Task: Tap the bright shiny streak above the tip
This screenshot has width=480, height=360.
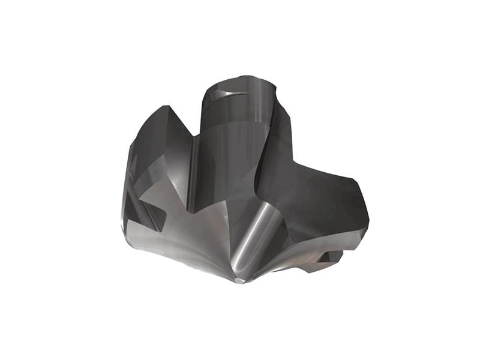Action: [x=247, y=240]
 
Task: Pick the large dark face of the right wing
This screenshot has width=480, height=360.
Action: [x=312, y=198]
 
